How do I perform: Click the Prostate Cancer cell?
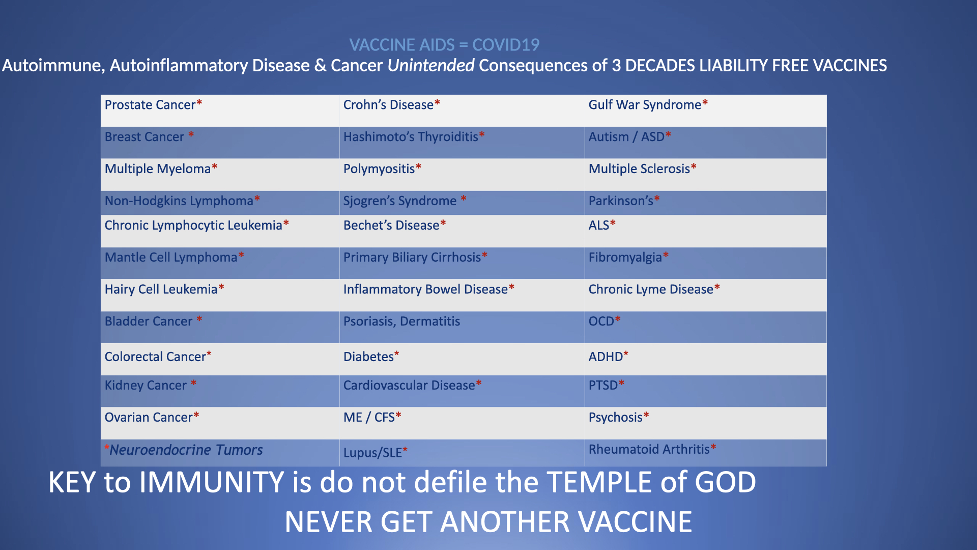click(x=153, y=105)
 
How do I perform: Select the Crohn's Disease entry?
click(x=391, y=105)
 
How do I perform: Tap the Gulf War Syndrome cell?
click(x=648, y=105)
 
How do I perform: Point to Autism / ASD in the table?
click(x=629, y=137)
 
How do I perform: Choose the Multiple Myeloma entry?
click(x=161, y=169)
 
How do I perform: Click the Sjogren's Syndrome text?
click(x=405, y=201)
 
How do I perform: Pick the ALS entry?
click(x=602, y=225)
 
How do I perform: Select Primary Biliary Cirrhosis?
click(x=415, y=257)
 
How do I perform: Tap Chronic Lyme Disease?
click(x=654, y=289)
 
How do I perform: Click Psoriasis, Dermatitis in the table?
click(x=401, y=321)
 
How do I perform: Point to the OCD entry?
click(x=605, y=321)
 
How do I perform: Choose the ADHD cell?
click(x=608, y=356)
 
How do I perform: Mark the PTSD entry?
click(x=606, y=385)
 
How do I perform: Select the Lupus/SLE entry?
click(x=375, y=452)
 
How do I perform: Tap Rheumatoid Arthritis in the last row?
click(x=652, y=449)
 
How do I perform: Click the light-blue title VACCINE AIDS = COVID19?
click(x=444, y=45)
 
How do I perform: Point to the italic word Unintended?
click(x=431, y=65)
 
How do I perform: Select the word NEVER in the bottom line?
click(x=329, y=522)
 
